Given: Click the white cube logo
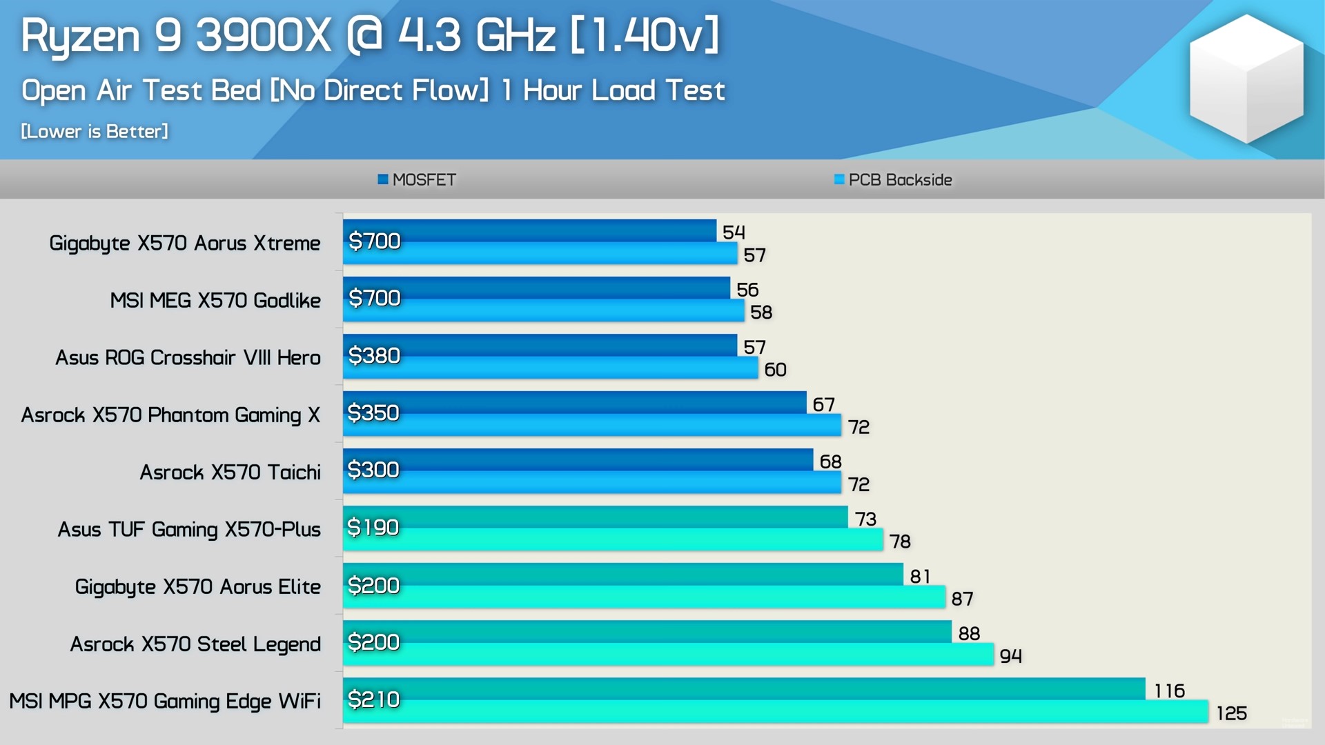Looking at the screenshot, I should [x=1246, y=79].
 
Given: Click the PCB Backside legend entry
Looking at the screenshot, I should [x=893, y=180].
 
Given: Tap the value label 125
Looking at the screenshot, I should [x=1231, y=713].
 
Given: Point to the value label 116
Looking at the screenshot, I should [x=1169, y=691].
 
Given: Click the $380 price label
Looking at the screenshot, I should [x=374, y=355].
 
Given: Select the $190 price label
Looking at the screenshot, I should [x=373, y=527].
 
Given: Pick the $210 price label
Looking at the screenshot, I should [x=373, y=699].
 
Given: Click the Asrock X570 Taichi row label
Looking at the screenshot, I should [x=230, y=472].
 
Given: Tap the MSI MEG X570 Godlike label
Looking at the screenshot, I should [x=215, y=300].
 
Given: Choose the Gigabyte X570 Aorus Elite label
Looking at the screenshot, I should [x=197, y=586].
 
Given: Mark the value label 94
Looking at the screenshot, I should [x=1010, y=656].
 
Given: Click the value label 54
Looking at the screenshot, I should [x=734, y=232].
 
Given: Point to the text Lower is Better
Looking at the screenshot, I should [x=95, y=131].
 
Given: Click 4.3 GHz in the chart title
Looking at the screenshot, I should [x=476, y=36].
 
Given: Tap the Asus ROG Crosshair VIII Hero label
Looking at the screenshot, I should [x=188, y=357].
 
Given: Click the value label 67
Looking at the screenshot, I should [x=823, y=404].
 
